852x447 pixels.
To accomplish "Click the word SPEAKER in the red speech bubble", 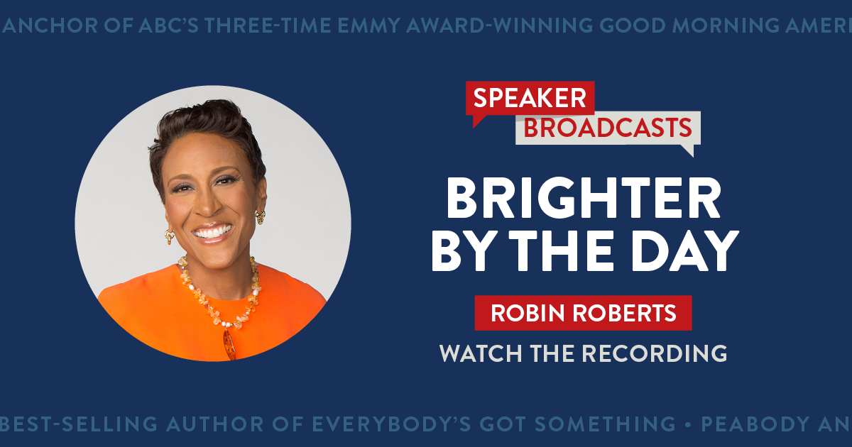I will [x=530, y=98].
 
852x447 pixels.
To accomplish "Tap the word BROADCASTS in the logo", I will [x=607, y=128].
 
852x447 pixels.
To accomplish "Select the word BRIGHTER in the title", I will [x=583, y=199].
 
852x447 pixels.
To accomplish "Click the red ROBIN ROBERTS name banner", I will [x=583, y=313].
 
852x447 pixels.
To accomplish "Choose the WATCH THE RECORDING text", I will [x=583, y=353].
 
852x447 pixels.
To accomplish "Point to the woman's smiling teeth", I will [x=212, y=232].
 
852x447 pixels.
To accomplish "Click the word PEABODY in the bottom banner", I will [x=755, y=424].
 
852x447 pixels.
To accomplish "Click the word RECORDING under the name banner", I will [x=657, y=353].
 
